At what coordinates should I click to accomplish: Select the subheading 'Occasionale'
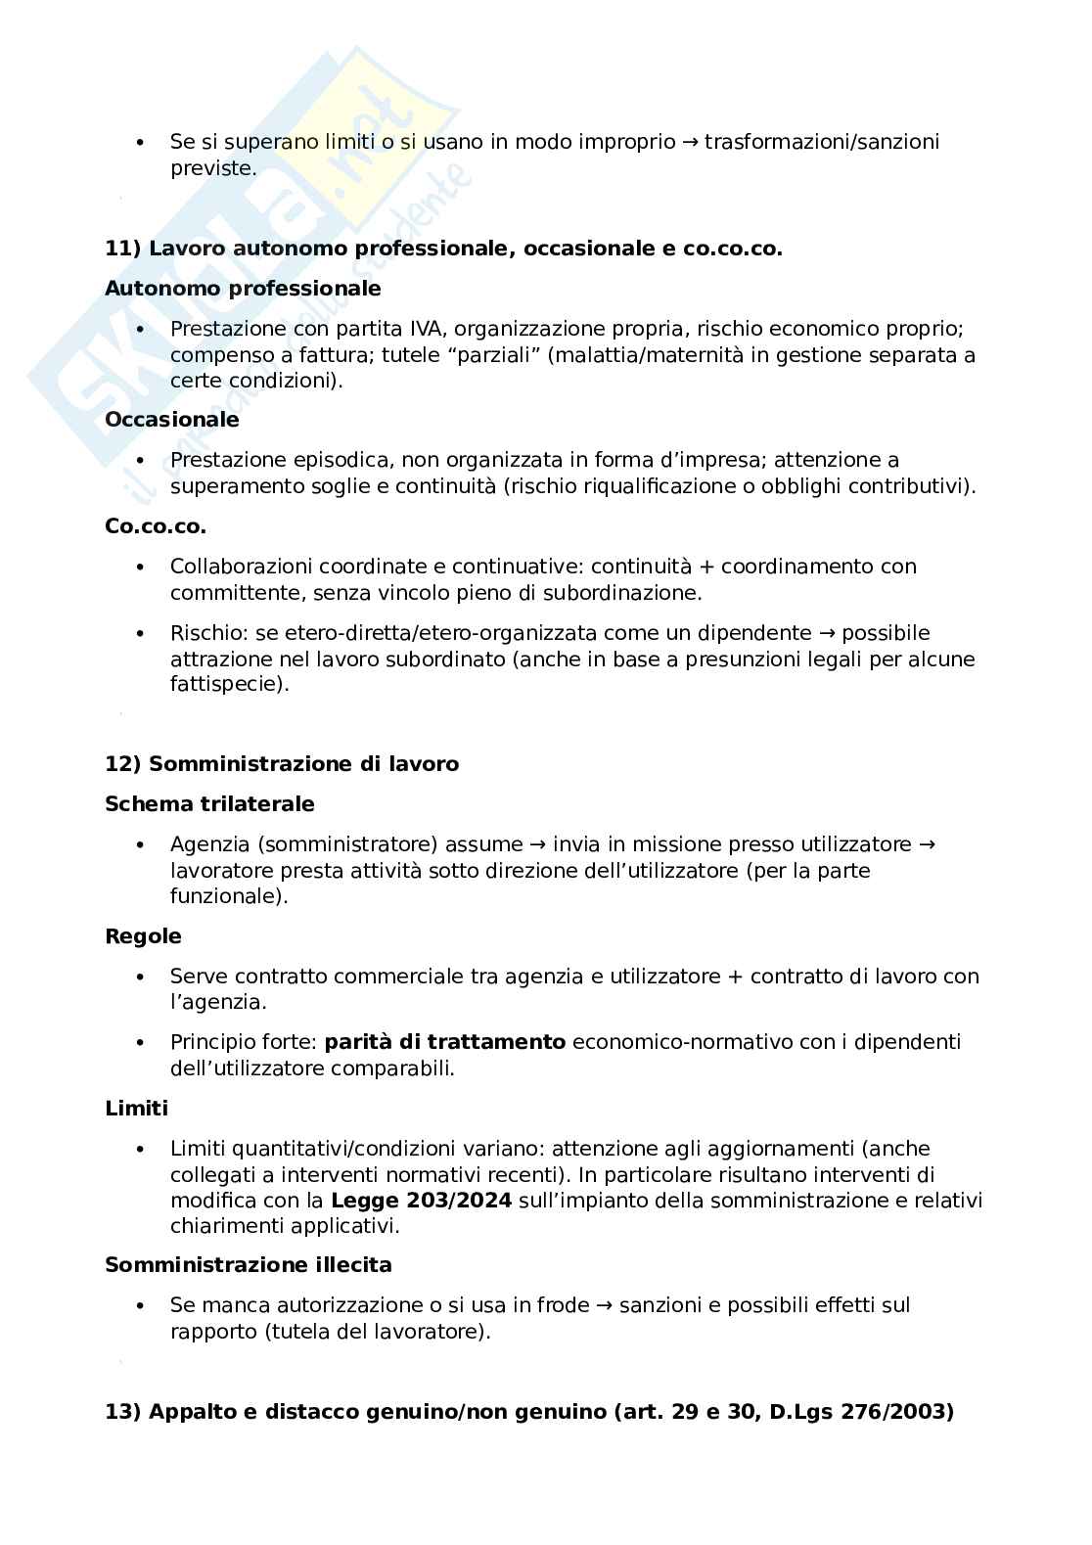pos(171,420)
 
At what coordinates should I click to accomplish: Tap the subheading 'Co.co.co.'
pos(155,526)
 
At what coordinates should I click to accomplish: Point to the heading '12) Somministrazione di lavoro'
pos(282,764)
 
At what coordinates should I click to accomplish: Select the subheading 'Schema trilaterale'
pos(209,804)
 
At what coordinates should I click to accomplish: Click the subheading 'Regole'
pos(143,936)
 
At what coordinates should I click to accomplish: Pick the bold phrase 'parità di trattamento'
pos(444,1042)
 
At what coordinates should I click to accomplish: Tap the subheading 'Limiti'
pos(136,1109)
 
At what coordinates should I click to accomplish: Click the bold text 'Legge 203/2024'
pos(421,1201)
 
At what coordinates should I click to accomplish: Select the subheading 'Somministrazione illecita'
pos(248,1265)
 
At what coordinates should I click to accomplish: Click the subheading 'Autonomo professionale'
pos(243,289)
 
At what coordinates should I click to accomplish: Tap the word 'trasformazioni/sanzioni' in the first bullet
pos(822,142)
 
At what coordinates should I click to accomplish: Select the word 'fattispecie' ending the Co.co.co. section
pos(226,685)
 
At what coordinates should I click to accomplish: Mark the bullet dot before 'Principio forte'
pos(141,1043)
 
